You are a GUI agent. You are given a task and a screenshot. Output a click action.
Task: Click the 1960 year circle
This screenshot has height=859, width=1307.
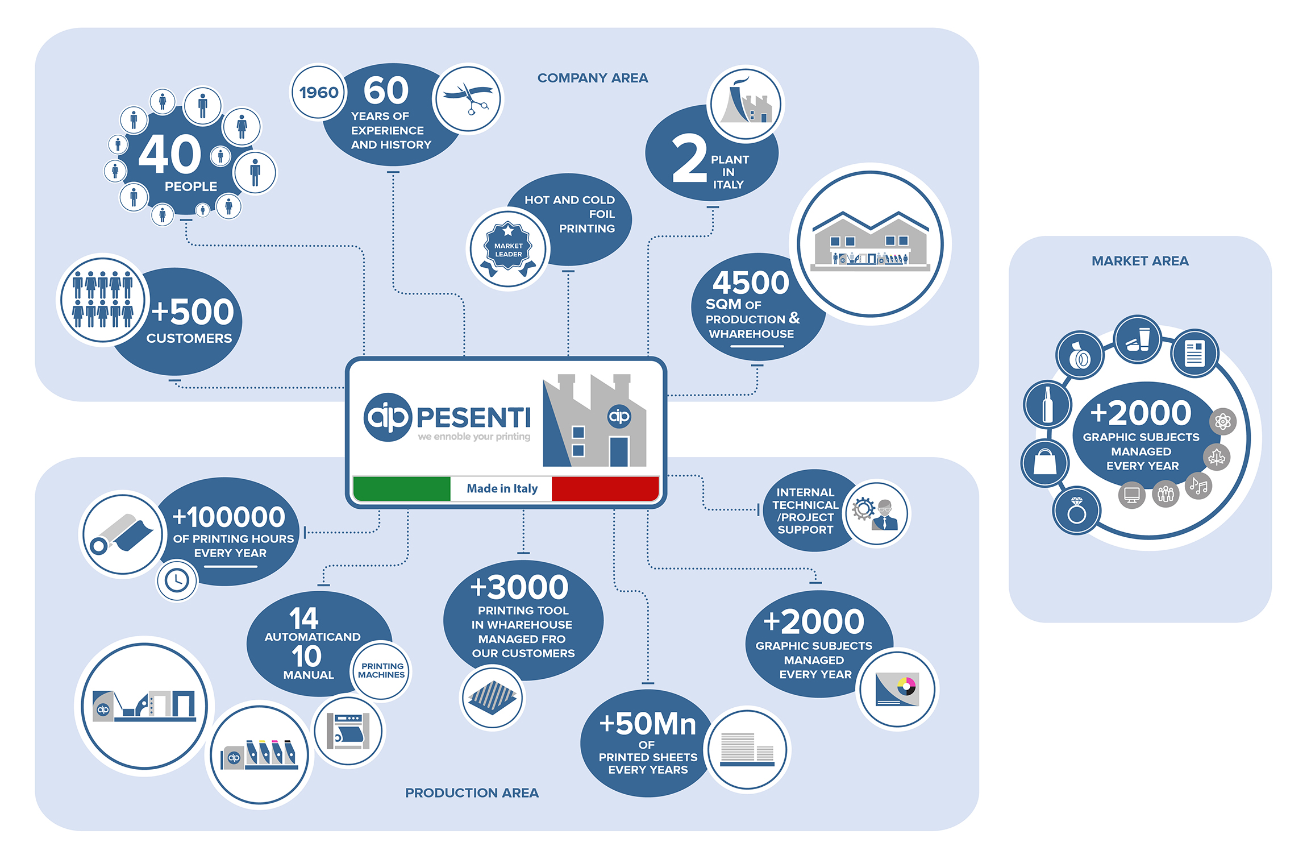click(318, 92)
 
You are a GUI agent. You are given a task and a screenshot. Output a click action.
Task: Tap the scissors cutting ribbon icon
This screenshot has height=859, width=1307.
click(468, 98)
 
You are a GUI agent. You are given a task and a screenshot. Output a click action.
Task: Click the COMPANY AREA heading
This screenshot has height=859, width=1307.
click(592, 78)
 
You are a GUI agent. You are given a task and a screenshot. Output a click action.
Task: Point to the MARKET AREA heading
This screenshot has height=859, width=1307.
click(1139, 261)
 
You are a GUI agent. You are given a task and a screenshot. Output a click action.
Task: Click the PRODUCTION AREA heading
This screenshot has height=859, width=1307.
click(472, 792)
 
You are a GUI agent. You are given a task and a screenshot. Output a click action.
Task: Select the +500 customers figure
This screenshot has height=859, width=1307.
click(193, 312)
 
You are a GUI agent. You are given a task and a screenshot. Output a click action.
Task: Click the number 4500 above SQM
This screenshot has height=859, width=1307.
click(751, 282)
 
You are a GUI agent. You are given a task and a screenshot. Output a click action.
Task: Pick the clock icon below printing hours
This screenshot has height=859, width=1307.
click(177, 580)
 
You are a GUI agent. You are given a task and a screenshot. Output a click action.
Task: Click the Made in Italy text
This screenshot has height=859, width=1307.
click(502, 488)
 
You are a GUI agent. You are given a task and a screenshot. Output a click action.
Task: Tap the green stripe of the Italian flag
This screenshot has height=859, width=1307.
click(402, 488)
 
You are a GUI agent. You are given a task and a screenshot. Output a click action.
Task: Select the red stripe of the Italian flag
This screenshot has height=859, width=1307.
click(605, 488)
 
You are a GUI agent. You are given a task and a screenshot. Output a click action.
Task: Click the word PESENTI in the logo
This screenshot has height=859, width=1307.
click(473, 418)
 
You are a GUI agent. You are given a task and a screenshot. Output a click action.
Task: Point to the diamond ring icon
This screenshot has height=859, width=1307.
click(1076, 510)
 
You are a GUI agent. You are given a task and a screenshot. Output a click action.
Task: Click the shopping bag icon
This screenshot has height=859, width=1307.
click(1044, 462)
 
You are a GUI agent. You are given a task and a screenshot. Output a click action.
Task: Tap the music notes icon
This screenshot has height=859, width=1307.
click(1198, 485)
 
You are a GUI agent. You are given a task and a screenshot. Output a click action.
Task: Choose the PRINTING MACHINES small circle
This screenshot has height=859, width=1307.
click(381, 671)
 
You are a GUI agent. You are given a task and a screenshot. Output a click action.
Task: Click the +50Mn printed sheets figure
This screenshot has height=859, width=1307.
click(647, 724)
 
